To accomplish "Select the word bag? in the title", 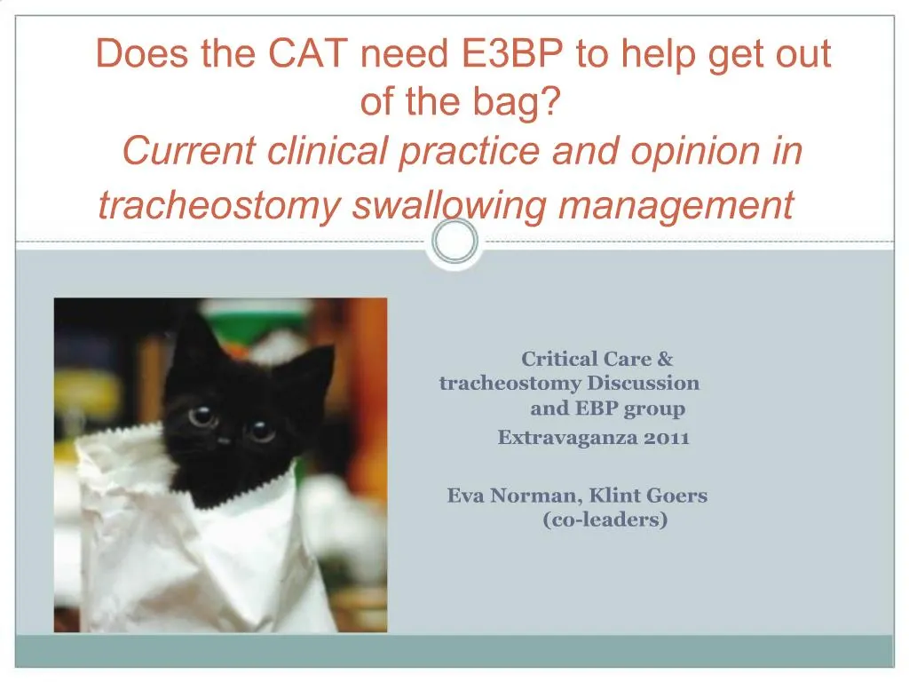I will [520, 103].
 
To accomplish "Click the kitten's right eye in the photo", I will [261, 431].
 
